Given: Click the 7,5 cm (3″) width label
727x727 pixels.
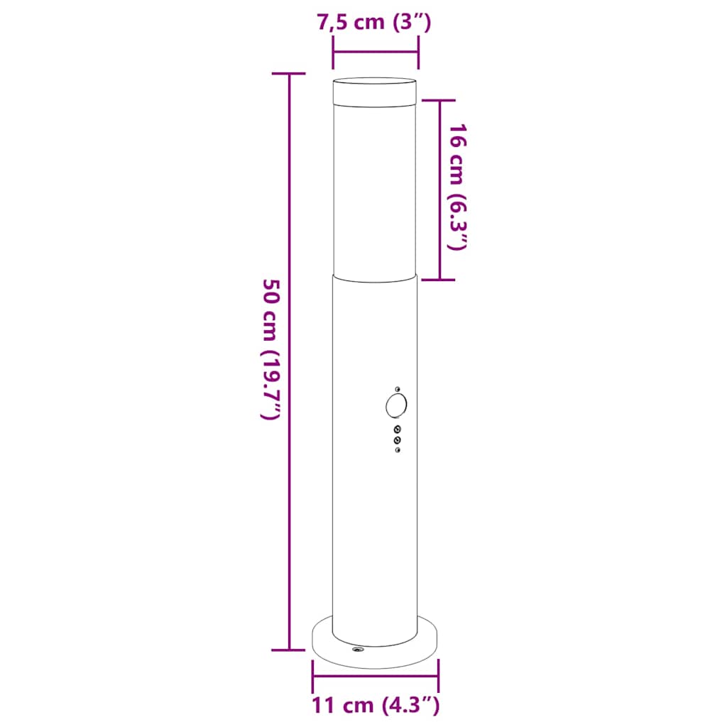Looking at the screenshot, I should [374, 22].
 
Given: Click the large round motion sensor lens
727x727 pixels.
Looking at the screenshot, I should [396, 405].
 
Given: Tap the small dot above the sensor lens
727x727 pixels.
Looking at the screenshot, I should [398, 388].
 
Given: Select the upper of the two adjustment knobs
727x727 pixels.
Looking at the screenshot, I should [397, 429].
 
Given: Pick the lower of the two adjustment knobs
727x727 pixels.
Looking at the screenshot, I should [397, 441].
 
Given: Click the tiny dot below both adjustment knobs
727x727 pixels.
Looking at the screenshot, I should [397, 452].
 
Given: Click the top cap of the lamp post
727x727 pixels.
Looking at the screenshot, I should [374, 90].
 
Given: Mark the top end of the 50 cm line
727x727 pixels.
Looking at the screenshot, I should [289, 73].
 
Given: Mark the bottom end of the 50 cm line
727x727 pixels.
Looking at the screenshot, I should [289, 649].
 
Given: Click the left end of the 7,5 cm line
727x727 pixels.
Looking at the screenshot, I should [333, 51].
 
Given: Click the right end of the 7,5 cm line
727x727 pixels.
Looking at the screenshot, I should [418, 51].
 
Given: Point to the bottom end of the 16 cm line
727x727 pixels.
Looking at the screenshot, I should [440, 279].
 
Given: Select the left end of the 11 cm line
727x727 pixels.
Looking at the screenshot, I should [312, 677].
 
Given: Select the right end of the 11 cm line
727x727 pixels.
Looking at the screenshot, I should [438, 677].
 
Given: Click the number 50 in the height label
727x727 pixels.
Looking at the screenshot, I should [272, 292].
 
